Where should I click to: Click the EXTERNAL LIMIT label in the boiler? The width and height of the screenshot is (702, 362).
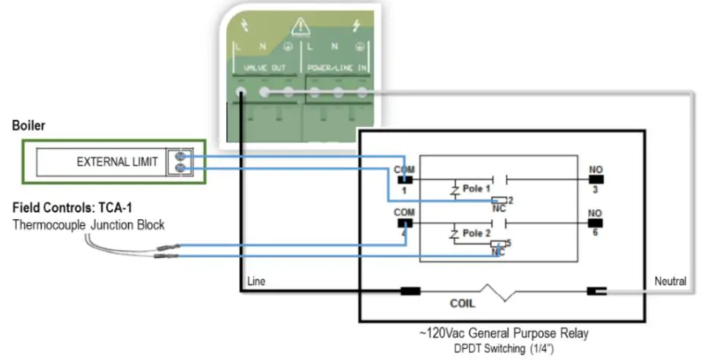click(x=117, y=162)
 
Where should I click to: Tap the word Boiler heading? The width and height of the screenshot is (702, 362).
click(x=28, y=126)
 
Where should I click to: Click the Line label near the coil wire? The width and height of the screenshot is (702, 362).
click(x=256, y=281)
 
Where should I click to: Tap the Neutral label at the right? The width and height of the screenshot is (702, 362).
click(x=670, y=281)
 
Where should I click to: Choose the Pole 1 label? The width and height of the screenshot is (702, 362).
click(x=477, y=188)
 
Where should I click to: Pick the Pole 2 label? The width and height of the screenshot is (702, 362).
click(x=477, y=235)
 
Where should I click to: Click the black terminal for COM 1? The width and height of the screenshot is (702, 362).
click(x=404, y=179)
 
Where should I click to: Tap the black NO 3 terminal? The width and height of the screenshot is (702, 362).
click(x=595, y=179)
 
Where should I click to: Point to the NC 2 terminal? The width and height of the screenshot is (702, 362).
click(x=499, y=200)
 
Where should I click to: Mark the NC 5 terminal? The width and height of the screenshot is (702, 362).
click(x=499, y=246)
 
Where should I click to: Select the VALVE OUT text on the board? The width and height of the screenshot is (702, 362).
click(x=265, y=68)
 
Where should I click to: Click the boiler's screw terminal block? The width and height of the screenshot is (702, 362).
click(x=181, y=161)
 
